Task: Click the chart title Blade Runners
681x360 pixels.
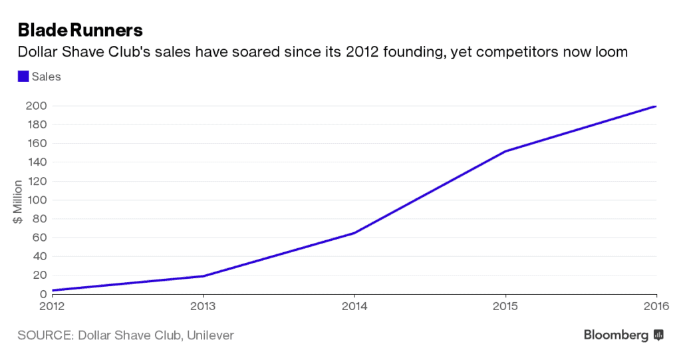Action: pos(80,31)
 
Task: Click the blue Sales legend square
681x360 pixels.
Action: pos(23,77)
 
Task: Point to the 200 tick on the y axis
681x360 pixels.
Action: pos(37,106)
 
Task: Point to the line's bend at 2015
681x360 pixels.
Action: pos(505,151)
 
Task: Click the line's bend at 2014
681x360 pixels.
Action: pos(354,233)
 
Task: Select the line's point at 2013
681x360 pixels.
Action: pos(203,276)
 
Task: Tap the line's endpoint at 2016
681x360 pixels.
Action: pos(656,106)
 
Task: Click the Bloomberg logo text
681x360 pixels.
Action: pos(616,335)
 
